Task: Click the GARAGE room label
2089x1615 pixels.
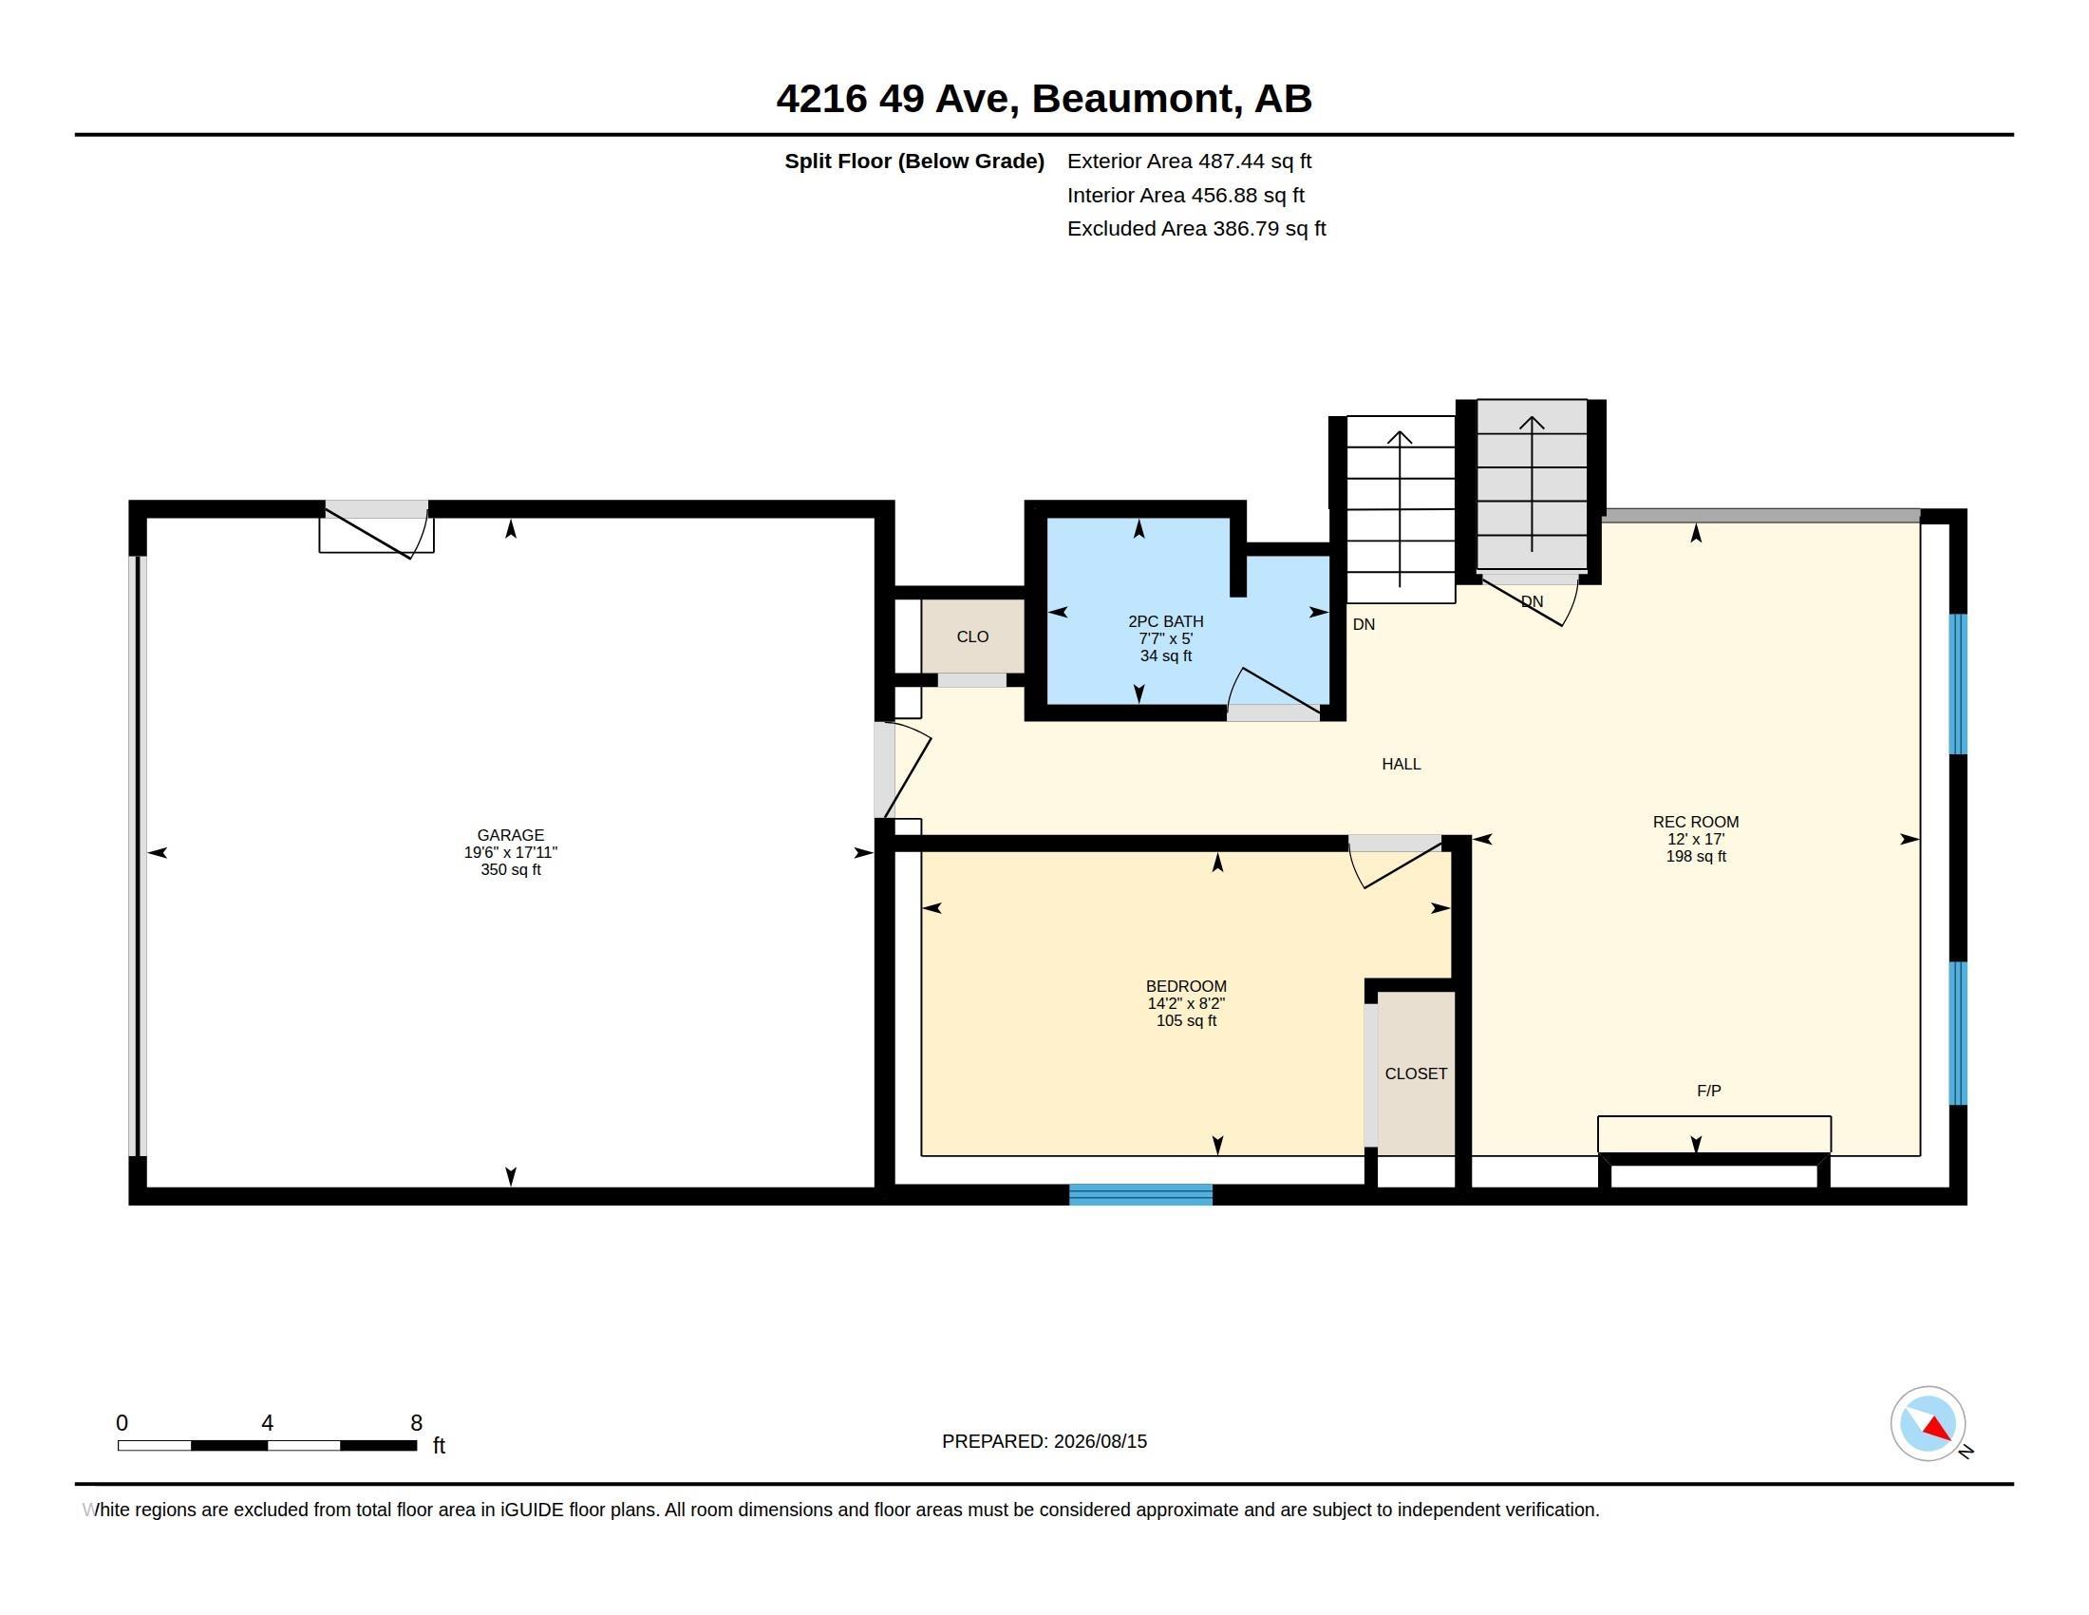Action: (x=511, y=835)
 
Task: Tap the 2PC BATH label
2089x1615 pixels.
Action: (x=1165, y=621)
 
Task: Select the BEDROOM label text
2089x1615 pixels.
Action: (x=1186, y=985)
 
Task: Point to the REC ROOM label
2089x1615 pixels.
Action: (x=1696, y=822)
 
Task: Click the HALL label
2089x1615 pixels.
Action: (x=1402, y=764)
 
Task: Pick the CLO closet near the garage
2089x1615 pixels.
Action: (x=972, y=636)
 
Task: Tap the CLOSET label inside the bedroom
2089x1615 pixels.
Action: (x=1416, y=1073)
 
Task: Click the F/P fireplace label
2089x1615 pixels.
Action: (x=1709, y=1091)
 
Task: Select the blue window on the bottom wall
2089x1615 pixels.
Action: (x=1141, y=1194)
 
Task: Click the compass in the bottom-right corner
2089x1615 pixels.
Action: (x=1928, y=1424)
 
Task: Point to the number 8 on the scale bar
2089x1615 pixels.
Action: (x=416, y=1423)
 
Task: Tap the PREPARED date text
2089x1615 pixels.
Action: (x=1044, y=1441)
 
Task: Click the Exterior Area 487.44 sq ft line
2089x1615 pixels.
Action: (x=1189, y=161)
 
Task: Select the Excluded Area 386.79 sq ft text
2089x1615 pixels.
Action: (x=1196, y=229)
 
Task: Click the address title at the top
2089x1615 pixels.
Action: (x=1044, y=99)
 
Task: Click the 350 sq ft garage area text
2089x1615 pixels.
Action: (x=511, y=869)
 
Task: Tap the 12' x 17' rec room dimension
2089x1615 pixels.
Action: (x=1696, y=839)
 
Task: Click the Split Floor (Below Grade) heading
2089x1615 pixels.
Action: (x=914, y=161)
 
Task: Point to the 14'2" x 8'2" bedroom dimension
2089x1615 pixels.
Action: (x=1186, y=1002)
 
